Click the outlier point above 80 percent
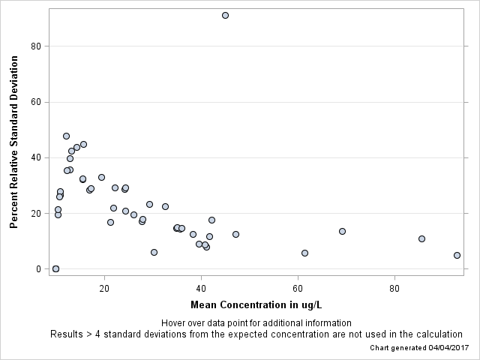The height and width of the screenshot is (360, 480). (225, 15)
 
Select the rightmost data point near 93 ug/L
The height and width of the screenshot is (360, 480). (457, 255)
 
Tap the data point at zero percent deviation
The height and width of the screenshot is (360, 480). (55, 268)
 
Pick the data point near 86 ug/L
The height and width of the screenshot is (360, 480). (421, 238)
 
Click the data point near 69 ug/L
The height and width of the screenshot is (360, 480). (342, 231)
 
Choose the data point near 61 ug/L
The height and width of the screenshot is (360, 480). (304, 253)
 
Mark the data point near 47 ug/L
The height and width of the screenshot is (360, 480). (235, 234)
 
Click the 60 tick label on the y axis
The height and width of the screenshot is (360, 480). (38, 102)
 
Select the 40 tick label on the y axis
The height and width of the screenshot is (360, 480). (38, 157)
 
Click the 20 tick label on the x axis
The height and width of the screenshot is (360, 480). (104, 287)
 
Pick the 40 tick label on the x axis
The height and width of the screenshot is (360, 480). (201, 287)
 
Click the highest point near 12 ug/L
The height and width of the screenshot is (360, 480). (66, 136)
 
